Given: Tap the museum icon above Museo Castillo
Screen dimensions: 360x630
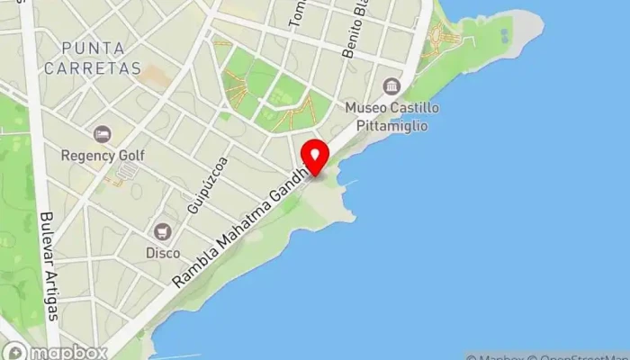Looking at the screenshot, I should (391, 86).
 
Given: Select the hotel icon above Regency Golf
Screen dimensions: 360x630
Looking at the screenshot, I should (103, 134).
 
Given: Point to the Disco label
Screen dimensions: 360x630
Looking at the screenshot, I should (163, 253).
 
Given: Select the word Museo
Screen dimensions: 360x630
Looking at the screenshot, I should (366, 108).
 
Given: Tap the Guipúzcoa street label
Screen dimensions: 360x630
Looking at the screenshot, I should (206, 185).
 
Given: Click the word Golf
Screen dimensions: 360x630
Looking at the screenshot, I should (130, 155).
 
